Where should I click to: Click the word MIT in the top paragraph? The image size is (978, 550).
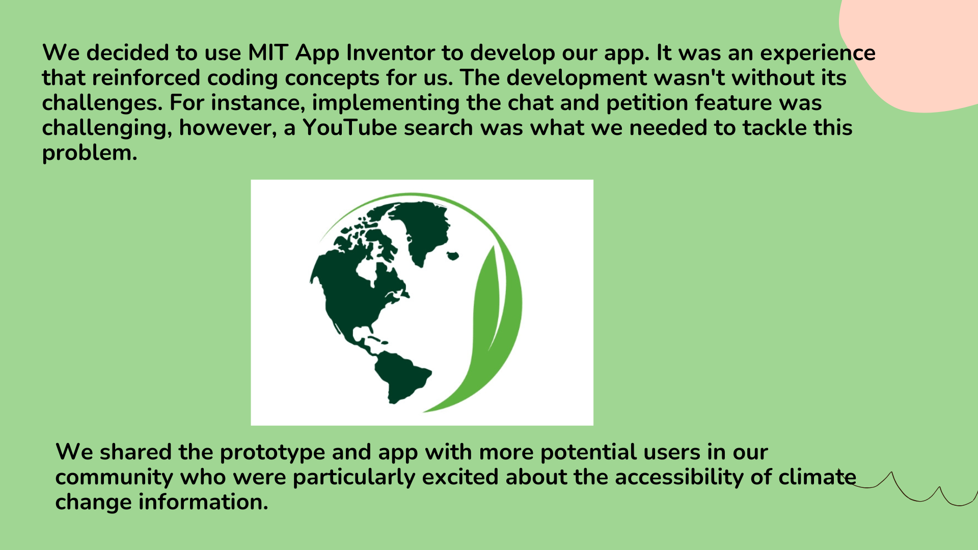(268, 53)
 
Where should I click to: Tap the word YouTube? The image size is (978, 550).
(350, 128)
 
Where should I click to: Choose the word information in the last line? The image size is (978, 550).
(201, 502)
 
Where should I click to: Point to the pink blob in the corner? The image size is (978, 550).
(912, 51)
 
